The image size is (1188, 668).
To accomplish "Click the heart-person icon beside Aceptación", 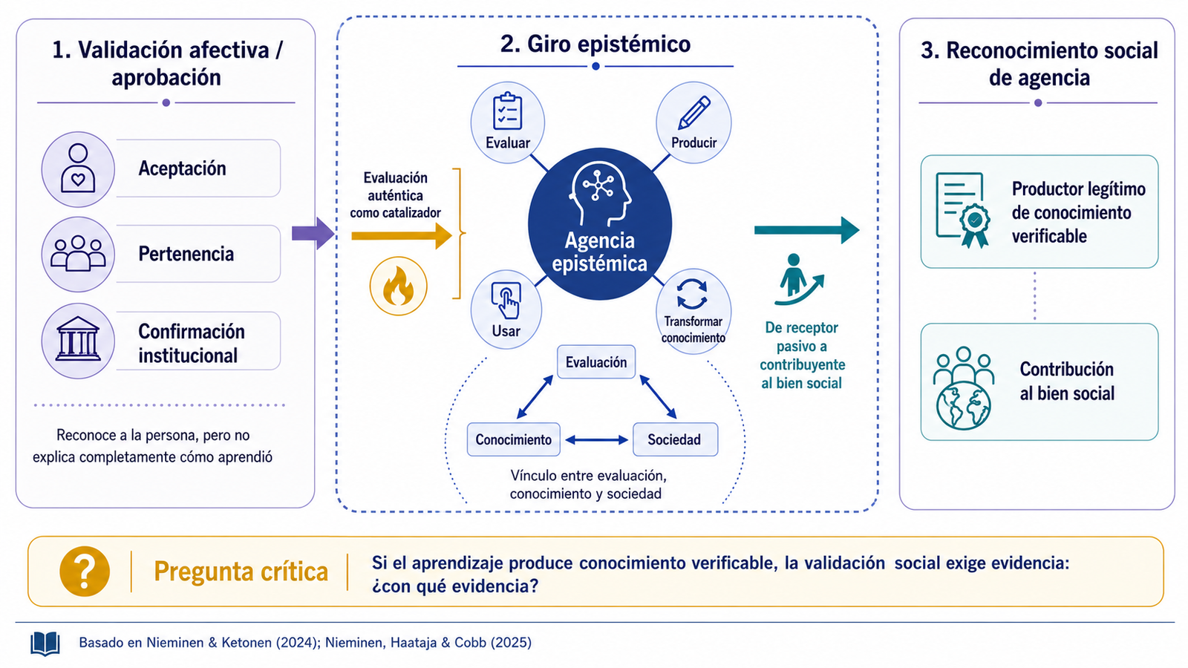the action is (78, 168).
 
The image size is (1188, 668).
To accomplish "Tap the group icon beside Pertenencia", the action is (78, 253).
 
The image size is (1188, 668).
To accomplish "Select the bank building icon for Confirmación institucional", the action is (78, 339).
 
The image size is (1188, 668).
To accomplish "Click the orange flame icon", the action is (398, 286).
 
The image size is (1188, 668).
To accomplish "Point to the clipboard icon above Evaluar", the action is (508, 111).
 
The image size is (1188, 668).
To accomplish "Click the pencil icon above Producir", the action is (694, 112).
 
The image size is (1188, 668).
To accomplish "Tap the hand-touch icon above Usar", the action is (506, 300).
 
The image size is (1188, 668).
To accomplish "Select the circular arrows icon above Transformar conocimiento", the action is (692, 294).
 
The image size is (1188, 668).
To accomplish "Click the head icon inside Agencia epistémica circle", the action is (600, 194).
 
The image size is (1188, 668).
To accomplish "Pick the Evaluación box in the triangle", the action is (596, 362).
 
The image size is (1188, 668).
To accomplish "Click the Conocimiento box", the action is (513, 439).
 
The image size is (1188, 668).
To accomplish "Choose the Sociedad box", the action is (675, 439).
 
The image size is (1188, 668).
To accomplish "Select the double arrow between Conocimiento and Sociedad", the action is (597, 440).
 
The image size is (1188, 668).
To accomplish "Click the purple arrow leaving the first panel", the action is (313, 233).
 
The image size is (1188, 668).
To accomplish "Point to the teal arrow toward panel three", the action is (806, 230).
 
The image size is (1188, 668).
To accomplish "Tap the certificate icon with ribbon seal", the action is (962, 210).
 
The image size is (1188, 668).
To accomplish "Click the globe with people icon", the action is (963, 387).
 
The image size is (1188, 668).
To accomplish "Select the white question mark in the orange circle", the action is (85, 572).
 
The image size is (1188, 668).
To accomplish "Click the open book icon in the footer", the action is (45, 644).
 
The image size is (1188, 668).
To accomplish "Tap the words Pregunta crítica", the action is (241, 572).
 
